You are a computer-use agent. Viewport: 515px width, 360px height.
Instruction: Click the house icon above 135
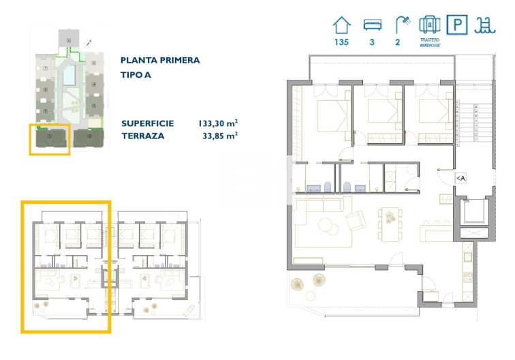(x=341, y=26)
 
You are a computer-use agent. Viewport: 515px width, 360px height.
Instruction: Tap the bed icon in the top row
(x=372, y=26)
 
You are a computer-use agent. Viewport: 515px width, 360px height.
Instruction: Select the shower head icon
(x=403, y=25)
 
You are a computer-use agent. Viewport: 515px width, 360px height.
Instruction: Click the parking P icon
(x=456, y=26)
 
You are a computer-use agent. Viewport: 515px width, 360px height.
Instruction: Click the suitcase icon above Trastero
(x=429, y=25)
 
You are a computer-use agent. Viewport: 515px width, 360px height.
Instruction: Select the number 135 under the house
(x=341, y=42)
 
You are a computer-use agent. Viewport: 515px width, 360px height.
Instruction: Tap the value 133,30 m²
(x=217, y=123)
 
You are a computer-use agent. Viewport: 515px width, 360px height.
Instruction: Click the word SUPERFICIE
(x=148, y=123)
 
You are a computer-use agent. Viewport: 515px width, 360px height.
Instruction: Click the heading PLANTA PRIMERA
(x=160, y=60)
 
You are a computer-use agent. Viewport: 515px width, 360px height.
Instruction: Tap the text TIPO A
(x=136, y=74)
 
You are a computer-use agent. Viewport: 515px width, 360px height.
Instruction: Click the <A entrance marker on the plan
(x=461, y=178)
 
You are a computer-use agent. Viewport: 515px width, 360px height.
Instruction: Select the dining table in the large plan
(x=390, y=222)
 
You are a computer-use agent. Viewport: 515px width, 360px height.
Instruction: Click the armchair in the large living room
(x=356, y=221)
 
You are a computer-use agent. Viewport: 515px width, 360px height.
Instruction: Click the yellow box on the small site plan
(x=49, y=139)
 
